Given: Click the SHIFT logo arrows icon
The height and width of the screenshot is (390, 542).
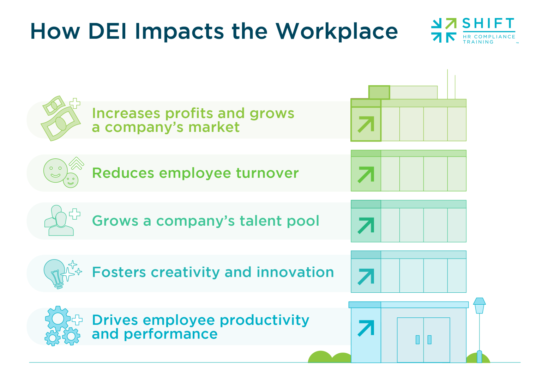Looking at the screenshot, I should [444, 30].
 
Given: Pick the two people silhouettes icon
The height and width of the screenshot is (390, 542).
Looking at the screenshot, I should [58, 221].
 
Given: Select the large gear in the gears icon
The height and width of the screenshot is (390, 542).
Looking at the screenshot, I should [58, 318].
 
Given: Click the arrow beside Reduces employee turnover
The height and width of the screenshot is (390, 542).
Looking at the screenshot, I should [366, 175].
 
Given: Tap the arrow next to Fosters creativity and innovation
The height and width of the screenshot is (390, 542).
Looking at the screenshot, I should [366, 276].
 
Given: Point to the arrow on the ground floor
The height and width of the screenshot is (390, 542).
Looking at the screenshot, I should [366, 328].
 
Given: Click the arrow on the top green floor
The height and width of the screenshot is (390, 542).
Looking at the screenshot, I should [366, 124].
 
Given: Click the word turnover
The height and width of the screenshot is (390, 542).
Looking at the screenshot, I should [267, 173].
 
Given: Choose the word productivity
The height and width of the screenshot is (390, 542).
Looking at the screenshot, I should [264, 321].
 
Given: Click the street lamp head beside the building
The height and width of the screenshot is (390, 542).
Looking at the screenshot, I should [479, 305].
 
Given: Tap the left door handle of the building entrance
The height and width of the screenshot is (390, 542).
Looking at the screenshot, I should [417, 340].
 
